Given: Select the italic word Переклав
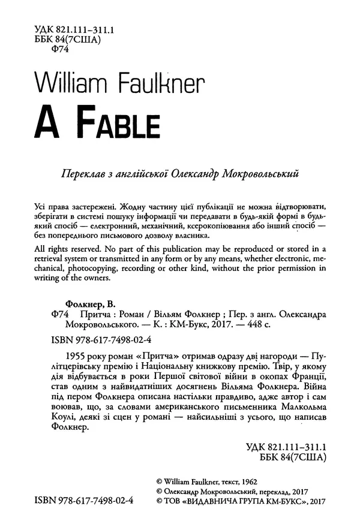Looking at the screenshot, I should (x=74, y=174).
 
